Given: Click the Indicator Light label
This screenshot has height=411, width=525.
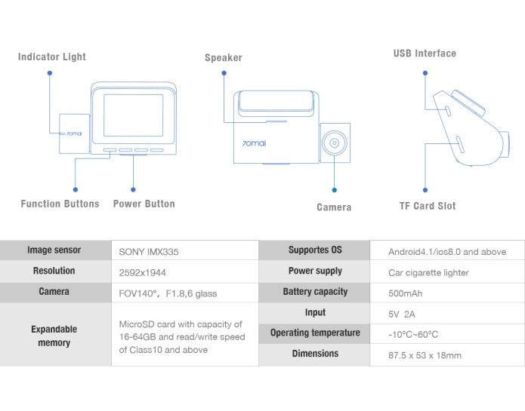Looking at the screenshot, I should click(52, 57).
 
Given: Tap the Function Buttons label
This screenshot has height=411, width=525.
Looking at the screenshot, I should click(60, 204).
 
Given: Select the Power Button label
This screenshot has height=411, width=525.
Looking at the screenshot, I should click(144, 204).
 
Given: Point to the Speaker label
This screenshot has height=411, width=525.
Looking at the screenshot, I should click(224, 58).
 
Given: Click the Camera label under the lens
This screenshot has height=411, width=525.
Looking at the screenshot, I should click(334, 207).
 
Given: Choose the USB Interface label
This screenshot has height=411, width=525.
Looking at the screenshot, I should click(425, 54).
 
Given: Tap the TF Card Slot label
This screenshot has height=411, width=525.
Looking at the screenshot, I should click(428, 206).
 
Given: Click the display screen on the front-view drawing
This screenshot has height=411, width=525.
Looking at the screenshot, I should click(133, 115).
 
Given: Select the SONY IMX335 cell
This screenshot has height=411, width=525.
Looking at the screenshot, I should click(149, 252).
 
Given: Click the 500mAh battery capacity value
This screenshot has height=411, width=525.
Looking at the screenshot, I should click(406, 293).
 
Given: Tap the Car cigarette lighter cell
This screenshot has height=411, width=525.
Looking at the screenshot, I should click(428, 272).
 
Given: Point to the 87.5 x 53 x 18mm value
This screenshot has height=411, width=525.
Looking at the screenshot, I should click(425, 355).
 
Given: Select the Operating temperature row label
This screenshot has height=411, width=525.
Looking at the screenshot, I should click(315, 333).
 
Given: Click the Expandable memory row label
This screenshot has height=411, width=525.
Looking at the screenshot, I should click(54, 336).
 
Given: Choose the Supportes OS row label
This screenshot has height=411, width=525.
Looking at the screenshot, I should click(315, 250).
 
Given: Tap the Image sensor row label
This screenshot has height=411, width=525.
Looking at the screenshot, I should click(54, 250).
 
